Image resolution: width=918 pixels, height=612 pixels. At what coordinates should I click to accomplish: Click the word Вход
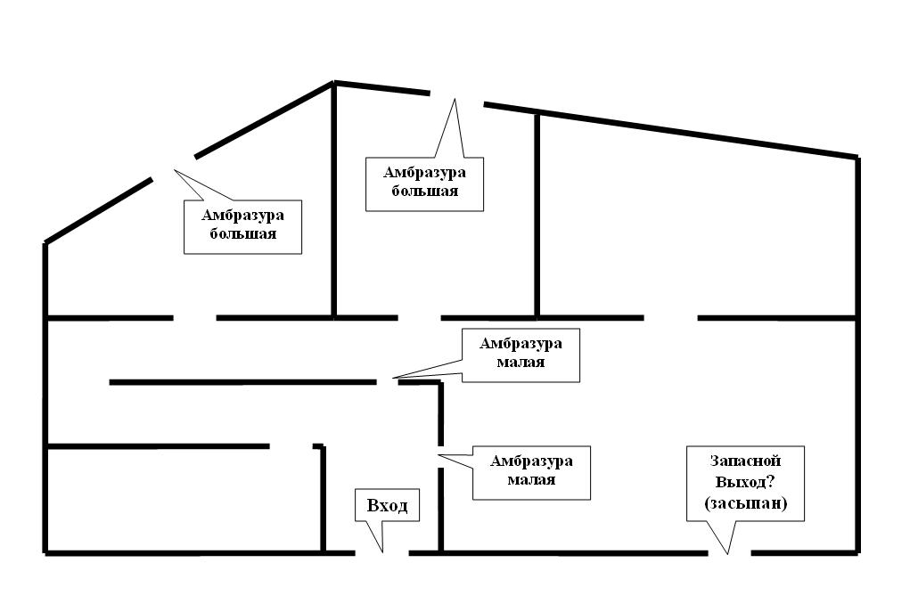(x=387, y=506)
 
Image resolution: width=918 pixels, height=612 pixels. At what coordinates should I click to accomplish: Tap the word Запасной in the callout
(x=745, y=461)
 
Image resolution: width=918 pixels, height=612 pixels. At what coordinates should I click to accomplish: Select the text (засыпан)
(x=745, y=505)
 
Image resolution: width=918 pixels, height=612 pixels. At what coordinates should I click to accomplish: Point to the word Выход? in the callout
(x=745, y=483)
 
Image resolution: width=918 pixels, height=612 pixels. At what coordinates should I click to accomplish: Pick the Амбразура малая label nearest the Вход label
(x=531, y=469)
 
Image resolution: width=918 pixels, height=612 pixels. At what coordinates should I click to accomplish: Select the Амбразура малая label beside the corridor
(x=520, y=353)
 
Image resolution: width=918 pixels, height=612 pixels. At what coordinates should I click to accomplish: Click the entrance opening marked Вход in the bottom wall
(x=382, y=553)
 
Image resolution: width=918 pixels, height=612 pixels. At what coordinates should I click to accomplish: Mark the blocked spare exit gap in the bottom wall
(x=730, y=553)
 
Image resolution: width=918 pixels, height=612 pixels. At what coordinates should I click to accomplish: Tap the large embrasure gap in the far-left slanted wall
(x=174, y=167)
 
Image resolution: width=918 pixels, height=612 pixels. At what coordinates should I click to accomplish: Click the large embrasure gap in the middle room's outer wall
(x=457, y=98)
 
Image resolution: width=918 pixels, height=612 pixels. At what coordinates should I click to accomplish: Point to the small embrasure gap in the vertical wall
(x=440, y=455)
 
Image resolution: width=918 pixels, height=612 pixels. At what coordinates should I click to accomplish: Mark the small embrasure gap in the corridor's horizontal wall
(x=388, y=382)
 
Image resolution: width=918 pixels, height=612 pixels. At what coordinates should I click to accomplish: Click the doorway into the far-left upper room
(x=195, y=317)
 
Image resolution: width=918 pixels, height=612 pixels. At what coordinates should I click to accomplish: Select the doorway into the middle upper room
(x=420, y=317)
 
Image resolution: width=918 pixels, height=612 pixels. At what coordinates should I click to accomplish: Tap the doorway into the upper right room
(x=670, y=317)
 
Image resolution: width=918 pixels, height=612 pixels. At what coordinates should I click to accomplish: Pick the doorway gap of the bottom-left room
(x=291, y=445)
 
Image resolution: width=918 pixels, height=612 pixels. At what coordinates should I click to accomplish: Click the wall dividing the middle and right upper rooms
(x=537, y=214)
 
